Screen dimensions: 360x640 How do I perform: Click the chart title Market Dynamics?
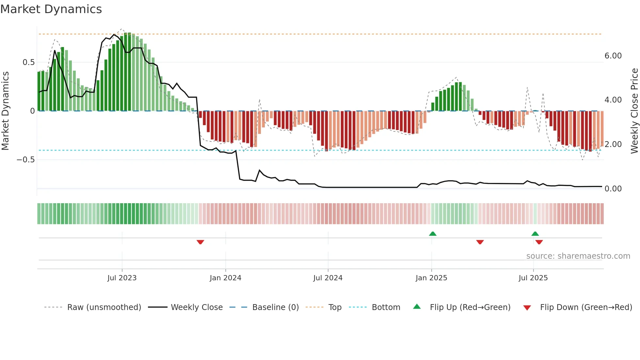(x=51, y=9)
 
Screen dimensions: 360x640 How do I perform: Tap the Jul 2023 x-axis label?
(x=122, y=278)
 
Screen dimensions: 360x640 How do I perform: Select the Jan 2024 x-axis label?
(x=225, y=278)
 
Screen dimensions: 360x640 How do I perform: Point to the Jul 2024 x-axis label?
(x=328, y=278)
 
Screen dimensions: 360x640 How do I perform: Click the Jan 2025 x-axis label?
(x=431, y=278)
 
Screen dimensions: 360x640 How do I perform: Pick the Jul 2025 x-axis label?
(x=533, y=278)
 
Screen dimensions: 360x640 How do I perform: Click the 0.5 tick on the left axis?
(x=29, y=62)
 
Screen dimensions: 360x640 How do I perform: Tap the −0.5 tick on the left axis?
(x=26, y=160)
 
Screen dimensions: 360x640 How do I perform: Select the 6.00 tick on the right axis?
(x=613, y=56)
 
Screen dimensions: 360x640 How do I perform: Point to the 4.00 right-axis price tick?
(x=613, y=100)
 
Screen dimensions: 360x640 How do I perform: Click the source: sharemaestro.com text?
(x=578, y=256)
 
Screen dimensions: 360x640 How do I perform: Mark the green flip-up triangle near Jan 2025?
(x=433, y=234)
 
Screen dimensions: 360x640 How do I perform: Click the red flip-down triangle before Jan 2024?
(x=200, y=242)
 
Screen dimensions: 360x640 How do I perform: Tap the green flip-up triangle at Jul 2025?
(x=535, y=234)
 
